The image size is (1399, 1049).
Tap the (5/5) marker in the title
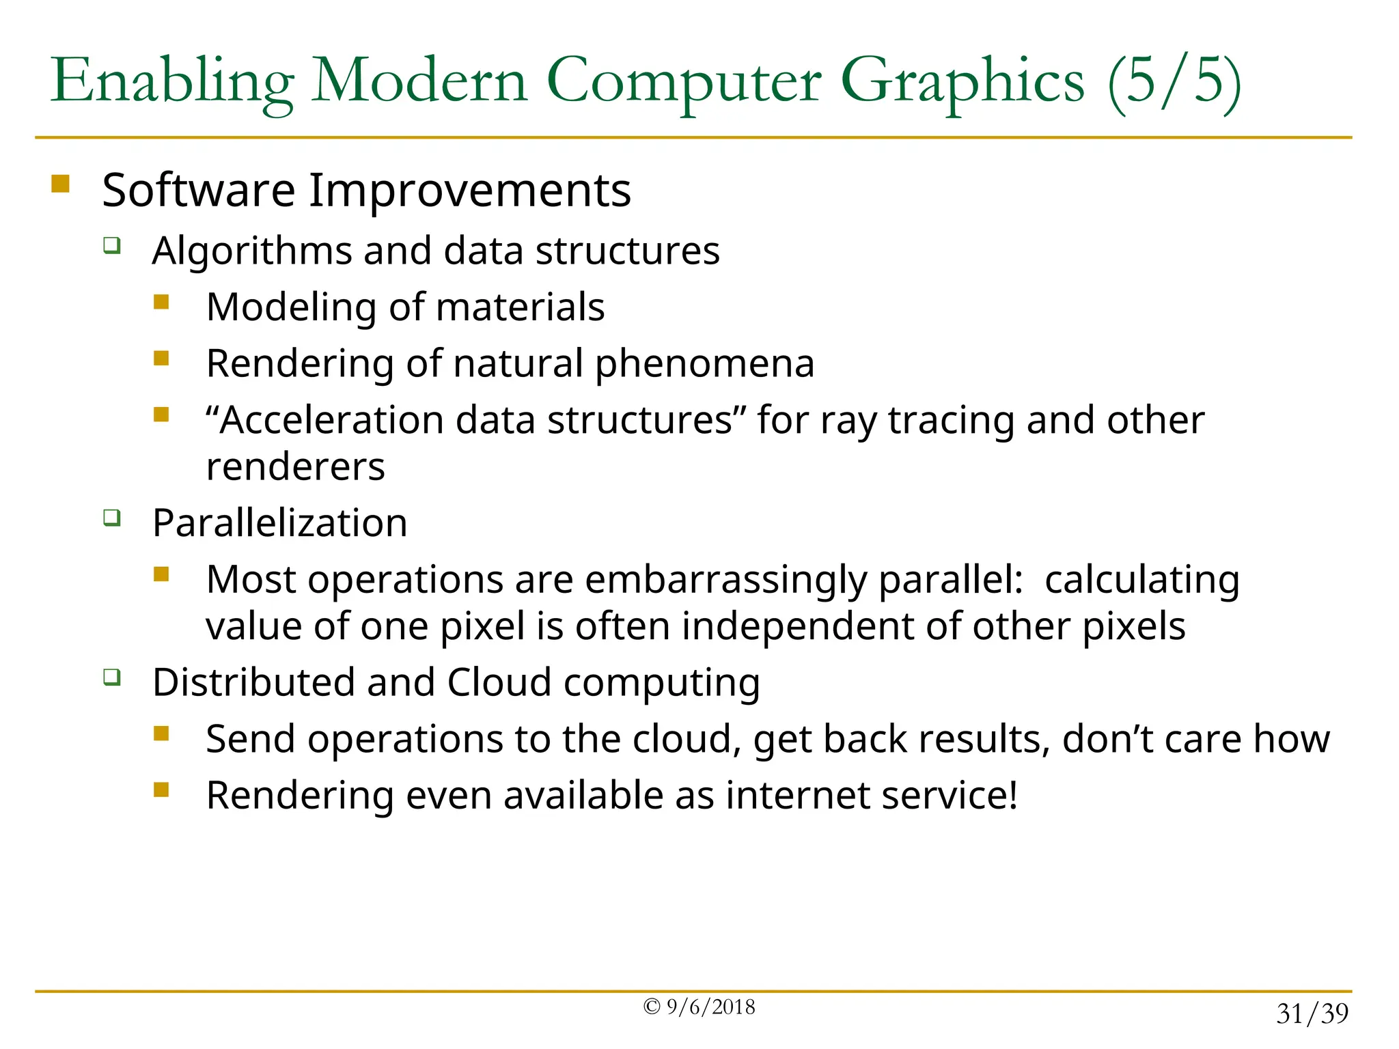pyautogui.click(x=1174, y=82)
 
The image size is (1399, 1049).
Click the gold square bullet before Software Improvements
pyautogui.click(x=60, y=184)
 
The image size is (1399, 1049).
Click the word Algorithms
pyautogui.click(x=251, y=251)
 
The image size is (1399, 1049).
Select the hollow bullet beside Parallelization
pyautogui.click(x=112, y=518)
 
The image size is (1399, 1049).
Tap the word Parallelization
pyautogui.click(x=279, y=523)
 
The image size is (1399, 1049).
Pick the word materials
pyautogui.click(x=520, y=307)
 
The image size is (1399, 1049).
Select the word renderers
pyautogui.click(x=295, y=466)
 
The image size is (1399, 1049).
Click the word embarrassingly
pyautogui.click(x=725, y=580)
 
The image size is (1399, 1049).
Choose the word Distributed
pyautogui.click(x=253, y=682)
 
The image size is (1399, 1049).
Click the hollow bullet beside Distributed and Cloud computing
pyautogui.click(x=112, y=677)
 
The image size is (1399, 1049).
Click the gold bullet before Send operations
pyautogui.click(x=161, y=734)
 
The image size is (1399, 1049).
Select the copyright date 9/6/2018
pyautogui.click(x=710, y=1007)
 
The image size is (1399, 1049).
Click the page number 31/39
pyautogui.click(x=1312, y=1014)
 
